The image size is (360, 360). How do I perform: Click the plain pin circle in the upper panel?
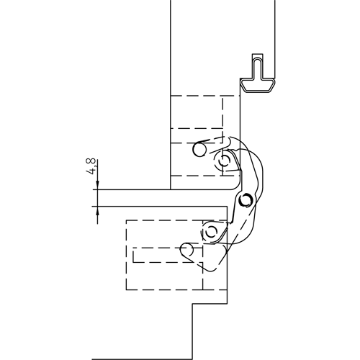pos(199,150)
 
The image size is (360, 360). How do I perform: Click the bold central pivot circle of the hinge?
pos(246,198)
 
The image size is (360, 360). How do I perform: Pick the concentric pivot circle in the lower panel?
pos(210,232)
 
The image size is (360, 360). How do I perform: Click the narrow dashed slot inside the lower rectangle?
pos(158,256)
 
